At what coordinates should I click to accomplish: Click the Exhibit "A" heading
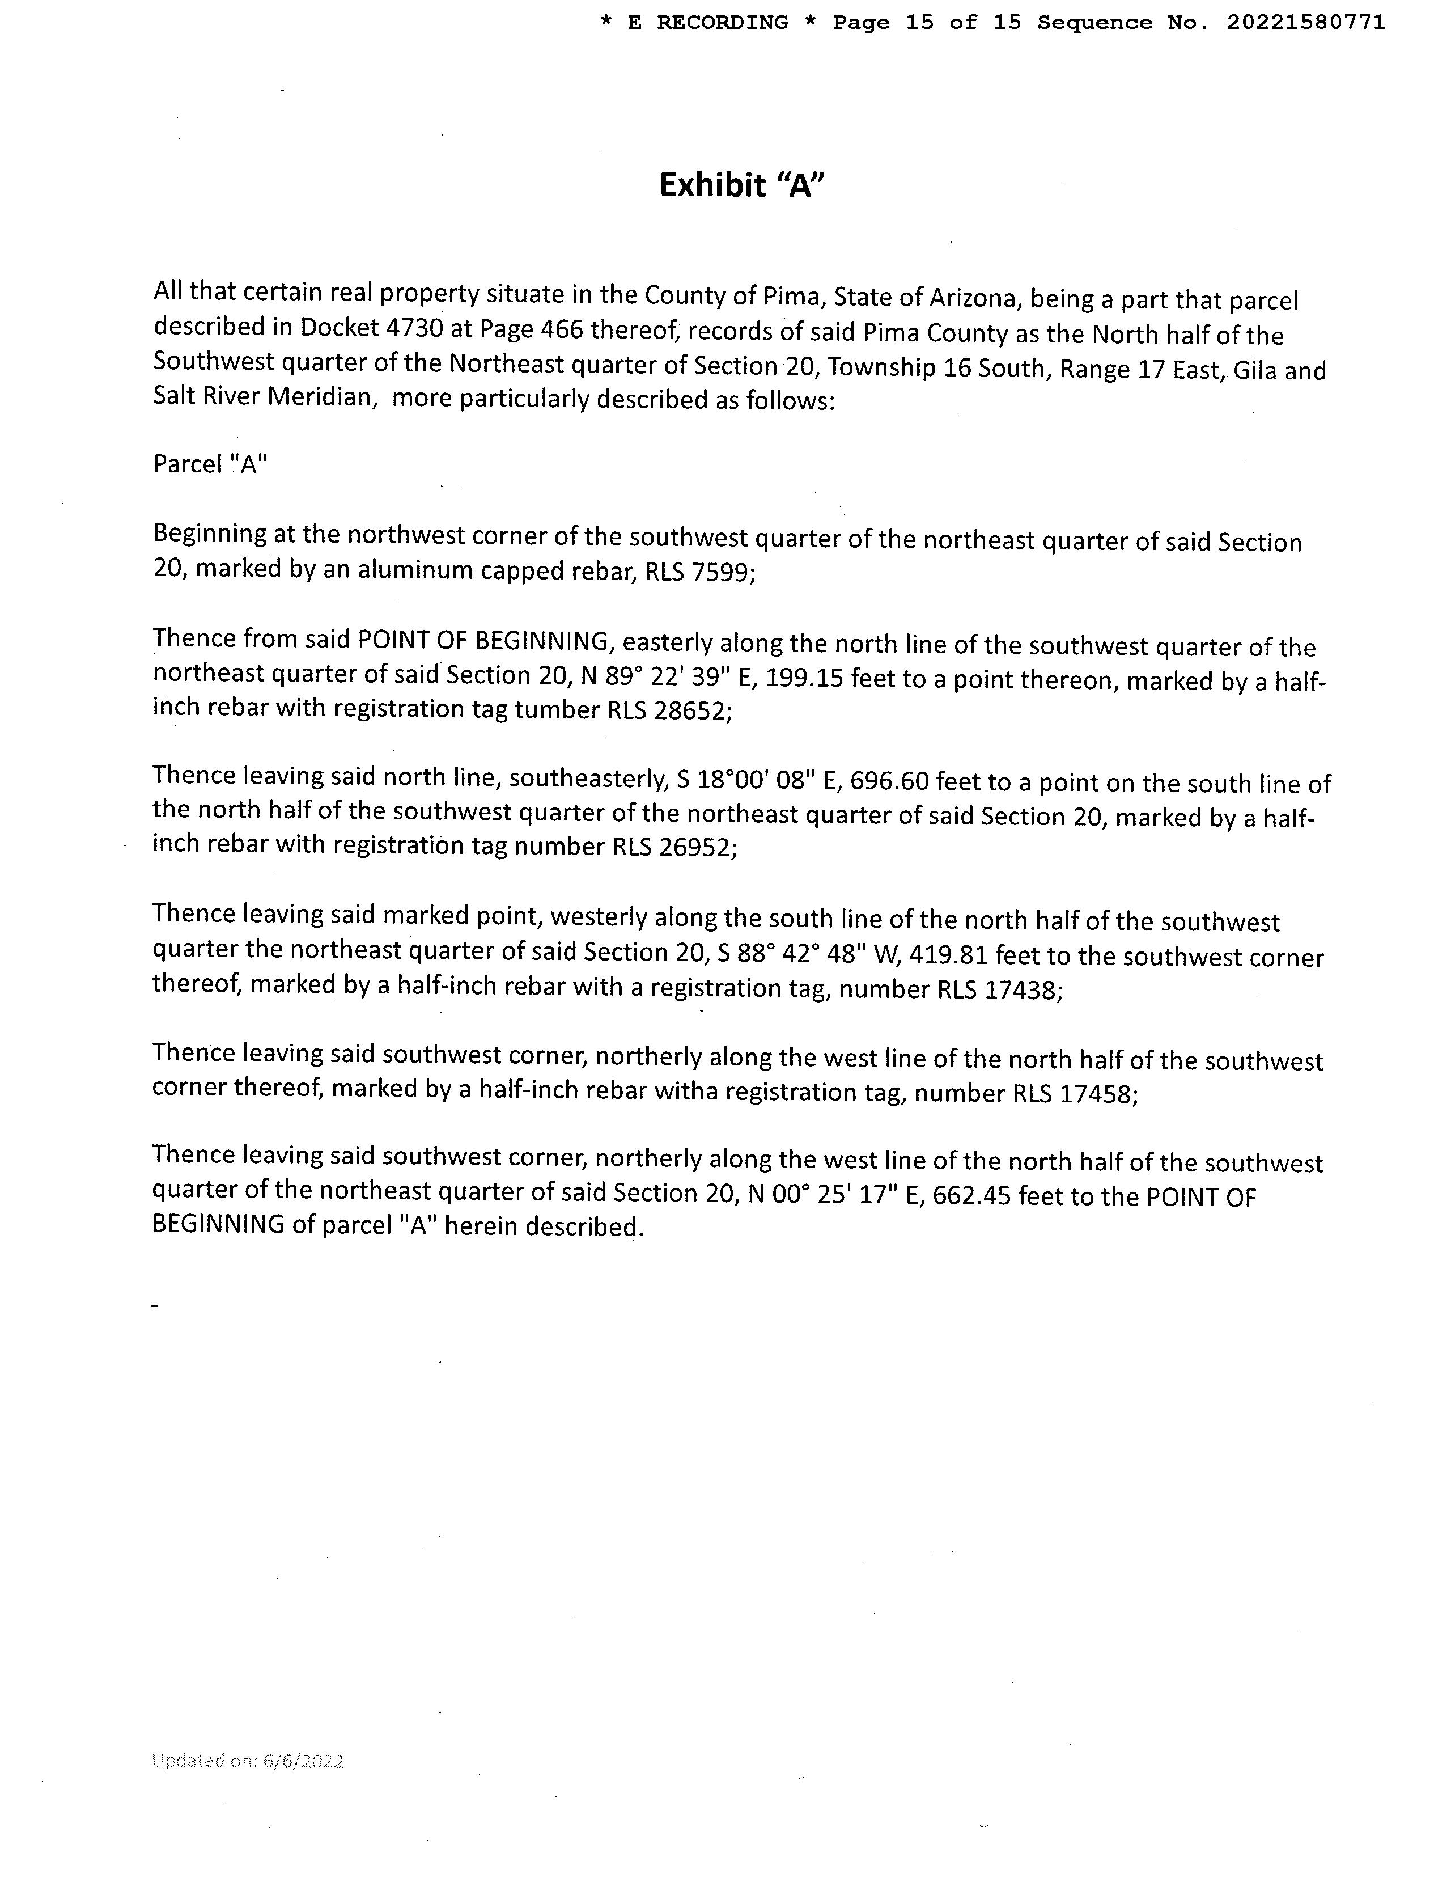pyautogui.click(x=741, y=185)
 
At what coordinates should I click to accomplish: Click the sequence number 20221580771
pyautogui.click(x=1305, y=22)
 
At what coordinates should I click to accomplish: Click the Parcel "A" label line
pyautogui.click(x=210, y=464)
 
